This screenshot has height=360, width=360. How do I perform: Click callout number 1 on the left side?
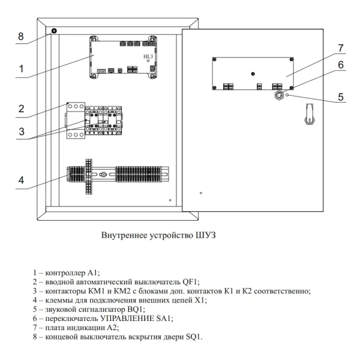coord(21,69)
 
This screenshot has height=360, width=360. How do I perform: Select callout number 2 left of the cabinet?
coord(21,109)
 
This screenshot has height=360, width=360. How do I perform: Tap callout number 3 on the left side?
coord(21,131)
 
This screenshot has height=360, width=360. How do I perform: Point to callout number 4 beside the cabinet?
coord(21,179)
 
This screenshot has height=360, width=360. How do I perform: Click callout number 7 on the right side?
coord(340,48)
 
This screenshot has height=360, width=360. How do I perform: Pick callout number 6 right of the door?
coord(340,65)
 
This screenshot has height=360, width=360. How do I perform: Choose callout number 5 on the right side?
coord(340,96)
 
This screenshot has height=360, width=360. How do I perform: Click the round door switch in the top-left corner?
coord(54,31)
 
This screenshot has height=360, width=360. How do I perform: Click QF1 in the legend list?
coord(190,281)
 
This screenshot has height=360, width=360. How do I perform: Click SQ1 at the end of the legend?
coord(194,337)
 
